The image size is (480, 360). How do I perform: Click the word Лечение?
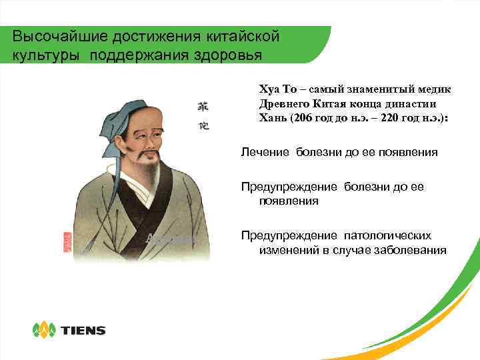[x=265, y=152]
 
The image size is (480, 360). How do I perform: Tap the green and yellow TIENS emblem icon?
[x=45, y=329]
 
